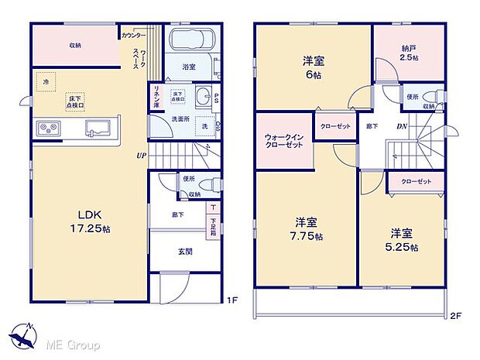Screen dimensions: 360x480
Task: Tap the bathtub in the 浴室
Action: point(190,41)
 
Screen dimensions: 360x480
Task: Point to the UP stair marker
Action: point(142,154)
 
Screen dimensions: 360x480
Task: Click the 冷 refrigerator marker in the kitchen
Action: point(46,81)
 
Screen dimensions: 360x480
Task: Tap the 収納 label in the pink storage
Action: point(76,44)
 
